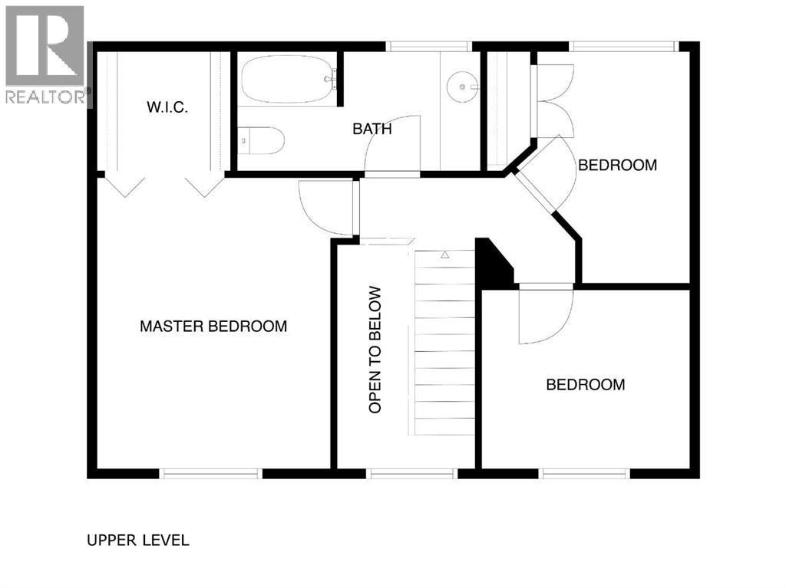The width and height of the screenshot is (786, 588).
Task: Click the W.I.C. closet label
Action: tap(167, 107)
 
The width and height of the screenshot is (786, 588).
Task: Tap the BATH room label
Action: tap(372, 129)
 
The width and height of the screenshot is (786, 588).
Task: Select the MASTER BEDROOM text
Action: tap(213, 327)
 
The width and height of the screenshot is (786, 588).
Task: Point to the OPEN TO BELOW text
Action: tap(375, 350)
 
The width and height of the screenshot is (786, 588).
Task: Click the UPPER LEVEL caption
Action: tap(138, 540)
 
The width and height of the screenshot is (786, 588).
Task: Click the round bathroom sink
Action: tap(463, 87)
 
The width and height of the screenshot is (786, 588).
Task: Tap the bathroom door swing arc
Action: tap(393, 146)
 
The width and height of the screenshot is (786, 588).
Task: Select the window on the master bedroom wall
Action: tap(211, 474)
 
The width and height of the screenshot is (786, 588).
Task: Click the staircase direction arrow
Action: tap(444, 255)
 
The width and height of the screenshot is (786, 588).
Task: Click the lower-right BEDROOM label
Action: tap(585, 385)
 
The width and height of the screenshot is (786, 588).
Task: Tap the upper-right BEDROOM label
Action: tap(617, 165)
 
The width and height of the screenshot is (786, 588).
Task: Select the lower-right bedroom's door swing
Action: tap(543, 314)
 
